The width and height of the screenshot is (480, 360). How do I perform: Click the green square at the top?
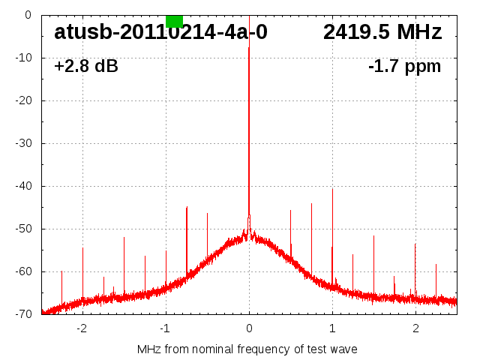174,21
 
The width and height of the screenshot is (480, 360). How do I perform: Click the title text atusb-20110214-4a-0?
160,32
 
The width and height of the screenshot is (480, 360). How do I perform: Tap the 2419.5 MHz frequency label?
382,32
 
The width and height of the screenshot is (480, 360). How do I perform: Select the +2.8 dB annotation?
86,67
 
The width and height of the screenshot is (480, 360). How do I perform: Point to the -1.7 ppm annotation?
404,67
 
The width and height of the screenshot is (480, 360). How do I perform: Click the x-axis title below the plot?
247,349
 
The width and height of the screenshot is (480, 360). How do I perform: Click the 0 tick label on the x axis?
249,328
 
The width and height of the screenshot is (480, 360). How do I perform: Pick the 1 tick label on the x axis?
332,328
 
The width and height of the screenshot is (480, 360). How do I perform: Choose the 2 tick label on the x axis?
415,328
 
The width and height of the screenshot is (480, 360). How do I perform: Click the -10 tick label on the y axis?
23,58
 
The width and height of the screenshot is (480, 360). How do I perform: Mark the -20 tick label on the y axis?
23,100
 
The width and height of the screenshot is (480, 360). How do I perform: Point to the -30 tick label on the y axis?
23,143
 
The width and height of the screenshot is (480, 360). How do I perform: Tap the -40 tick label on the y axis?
23,186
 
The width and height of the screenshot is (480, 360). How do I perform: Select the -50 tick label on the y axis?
23,229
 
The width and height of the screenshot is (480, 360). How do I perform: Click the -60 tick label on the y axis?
23,271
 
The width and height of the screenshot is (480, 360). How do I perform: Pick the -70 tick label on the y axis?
23,314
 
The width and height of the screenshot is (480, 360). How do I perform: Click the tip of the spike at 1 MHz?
332,188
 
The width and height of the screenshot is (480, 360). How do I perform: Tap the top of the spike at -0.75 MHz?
187,207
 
